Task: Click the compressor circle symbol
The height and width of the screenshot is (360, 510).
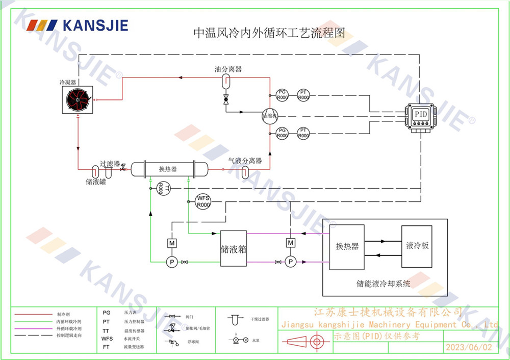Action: point(269,116)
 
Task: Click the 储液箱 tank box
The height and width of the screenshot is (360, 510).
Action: point(234,249)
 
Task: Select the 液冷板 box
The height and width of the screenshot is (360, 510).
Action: point(417,246)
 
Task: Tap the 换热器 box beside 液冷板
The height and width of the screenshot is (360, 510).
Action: point(347,247)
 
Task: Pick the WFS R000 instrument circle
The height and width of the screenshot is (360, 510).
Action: point(203,201)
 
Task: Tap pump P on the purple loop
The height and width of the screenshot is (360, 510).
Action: point(290,262)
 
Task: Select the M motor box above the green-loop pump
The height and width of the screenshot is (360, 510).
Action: point(172,243)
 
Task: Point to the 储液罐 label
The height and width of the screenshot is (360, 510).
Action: point(95,181)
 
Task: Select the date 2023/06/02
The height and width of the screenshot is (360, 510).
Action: point(469,347)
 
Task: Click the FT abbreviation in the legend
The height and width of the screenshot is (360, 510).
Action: point(106,347)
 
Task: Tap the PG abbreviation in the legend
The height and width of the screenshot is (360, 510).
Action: point(106,313)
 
